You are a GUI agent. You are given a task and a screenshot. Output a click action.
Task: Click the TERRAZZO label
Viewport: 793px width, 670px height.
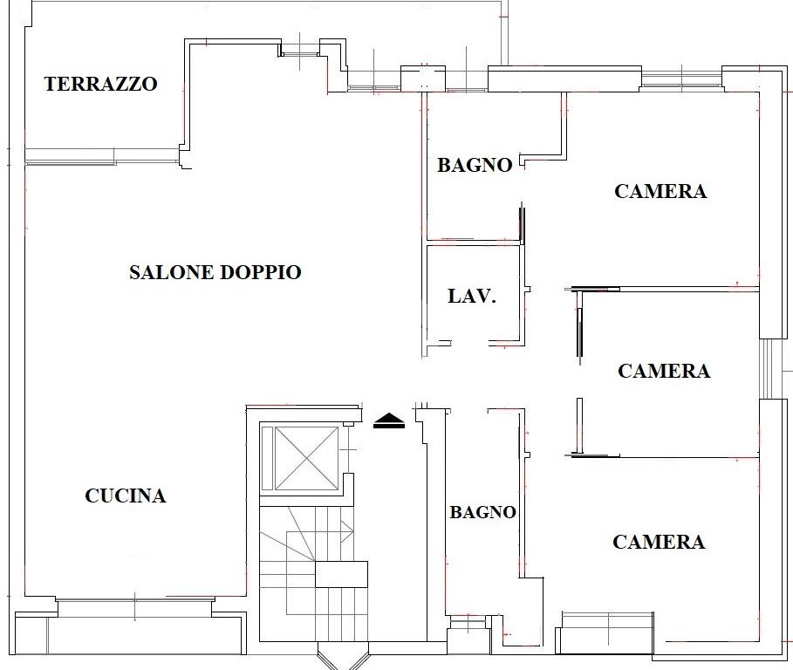(100, 84)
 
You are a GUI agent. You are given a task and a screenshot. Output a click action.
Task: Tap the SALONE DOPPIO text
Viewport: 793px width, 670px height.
(215, 272)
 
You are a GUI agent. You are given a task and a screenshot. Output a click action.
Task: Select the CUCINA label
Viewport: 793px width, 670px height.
(126, 496)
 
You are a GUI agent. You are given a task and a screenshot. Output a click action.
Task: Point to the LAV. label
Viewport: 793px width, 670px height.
(472, 297)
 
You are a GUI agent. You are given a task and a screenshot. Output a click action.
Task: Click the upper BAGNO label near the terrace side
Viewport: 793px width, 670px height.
(475, 166)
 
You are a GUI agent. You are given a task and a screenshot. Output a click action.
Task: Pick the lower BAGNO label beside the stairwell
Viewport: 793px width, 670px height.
(483, 512)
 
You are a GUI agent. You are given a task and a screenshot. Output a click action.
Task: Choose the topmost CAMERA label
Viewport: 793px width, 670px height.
(660, 191)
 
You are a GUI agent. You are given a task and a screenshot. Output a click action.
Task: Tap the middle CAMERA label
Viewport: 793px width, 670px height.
(664, 371)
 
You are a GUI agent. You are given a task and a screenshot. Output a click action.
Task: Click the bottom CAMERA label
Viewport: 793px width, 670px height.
(659, 542)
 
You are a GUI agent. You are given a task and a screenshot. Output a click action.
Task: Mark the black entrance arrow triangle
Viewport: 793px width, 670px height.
(389, 420)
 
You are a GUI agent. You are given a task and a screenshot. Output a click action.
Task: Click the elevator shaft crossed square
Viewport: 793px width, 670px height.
(306, 458)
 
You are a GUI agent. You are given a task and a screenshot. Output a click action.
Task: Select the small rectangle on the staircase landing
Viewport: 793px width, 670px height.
(341, 574)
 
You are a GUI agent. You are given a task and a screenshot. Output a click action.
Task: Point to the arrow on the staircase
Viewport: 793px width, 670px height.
(346, 531)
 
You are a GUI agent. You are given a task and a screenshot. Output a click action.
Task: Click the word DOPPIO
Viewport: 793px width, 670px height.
(262, 272)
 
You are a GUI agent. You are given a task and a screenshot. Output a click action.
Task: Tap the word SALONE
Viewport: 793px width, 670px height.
(172, 272)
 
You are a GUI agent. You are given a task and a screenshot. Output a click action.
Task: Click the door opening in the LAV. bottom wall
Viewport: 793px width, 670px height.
(470, 343)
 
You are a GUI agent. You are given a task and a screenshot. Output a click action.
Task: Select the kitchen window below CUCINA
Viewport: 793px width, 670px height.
(135, 607)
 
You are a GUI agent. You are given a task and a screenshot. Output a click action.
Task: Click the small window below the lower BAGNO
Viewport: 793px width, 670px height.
(468, 621)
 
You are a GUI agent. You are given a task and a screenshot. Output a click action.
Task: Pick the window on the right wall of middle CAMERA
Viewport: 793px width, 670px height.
(767, 369)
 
